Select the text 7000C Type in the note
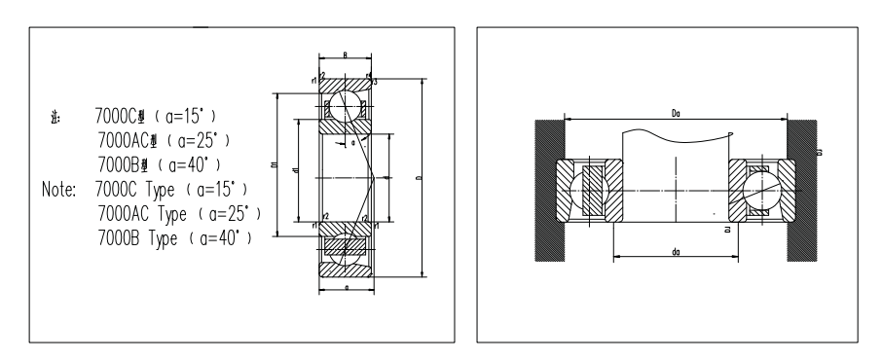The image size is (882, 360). (x=135, y=186)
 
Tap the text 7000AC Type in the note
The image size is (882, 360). (x=141, y=211)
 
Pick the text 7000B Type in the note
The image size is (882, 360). (x=137, y=236)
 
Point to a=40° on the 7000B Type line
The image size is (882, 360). (x=224, y=236)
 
